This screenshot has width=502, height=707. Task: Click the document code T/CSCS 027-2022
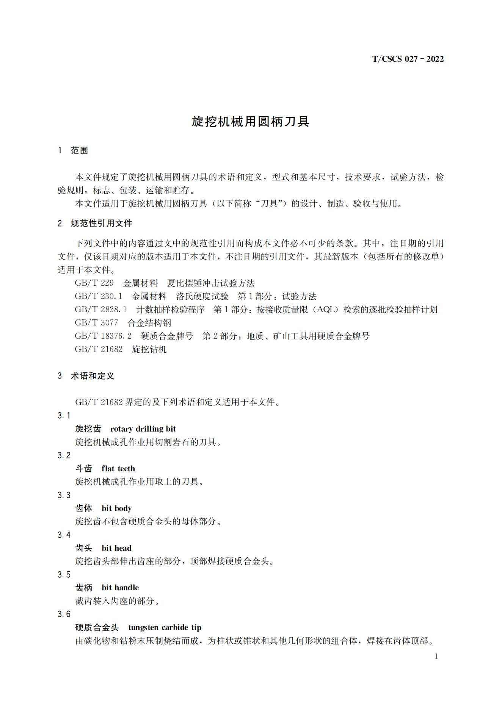(x=408, y=59)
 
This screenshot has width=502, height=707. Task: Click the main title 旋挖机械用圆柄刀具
(x=251, y=122)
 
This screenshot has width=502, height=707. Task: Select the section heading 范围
(x=79, y=151)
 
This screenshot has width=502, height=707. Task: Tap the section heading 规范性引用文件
(x=101, y=224)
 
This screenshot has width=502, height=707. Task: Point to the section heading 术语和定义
(x=93, y=376)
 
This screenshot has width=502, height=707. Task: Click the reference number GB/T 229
(x=94, y=283)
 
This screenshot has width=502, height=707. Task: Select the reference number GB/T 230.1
(x=99, y=296)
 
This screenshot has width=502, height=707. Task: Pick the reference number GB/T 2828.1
(x=101, y=310)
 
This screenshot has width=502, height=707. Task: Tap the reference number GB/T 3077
(x=96, y=323)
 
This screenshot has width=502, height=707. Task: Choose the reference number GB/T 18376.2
(x=103, y=336)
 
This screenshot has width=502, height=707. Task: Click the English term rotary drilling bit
(x=143, y=429)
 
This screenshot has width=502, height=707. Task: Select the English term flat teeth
(x=118, y=469)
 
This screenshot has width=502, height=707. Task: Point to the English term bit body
(x=116, y=508)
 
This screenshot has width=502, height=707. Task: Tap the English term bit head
(x=116, y=548)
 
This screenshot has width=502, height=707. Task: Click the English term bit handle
(x=120, y=588)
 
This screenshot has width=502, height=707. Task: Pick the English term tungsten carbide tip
(x=165, y=628)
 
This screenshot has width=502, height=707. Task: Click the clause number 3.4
(x=64, y=535)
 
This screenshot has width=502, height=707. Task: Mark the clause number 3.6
(x=64, y=615)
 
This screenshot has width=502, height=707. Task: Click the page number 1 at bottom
(x=436, y=657)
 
